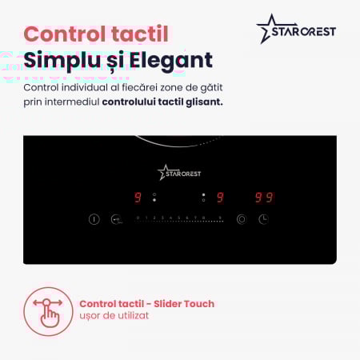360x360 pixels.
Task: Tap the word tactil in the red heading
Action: pyautogui.click(x=139, y=34)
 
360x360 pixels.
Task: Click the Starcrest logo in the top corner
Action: pyautogui.click(x=296, y=30)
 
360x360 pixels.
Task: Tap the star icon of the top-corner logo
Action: pyautogui.click(x=268, y=29)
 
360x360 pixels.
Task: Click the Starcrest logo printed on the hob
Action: pyautogui.click(x=179, y=171)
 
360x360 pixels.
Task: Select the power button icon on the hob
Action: pyautogui.click(x=94, y=219)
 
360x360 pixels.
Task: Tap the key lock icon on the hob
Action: pyautogui.click(x=115, y=219)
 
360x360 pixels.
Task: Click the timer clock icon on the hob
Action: pyautogui.click(x=263, y=219)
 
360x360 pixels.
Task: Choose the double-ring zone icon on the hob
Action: pyautogui.click(x=241, y=219)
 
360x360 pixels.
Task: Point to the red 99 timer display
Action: pyautogui.click(x=264, y=198)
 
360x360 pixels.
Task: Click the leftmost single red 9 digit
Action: pyautogui.click(x=138, y=198)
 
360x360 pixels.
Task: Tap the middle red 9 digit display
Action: pyautogui.click(x=220, y=198)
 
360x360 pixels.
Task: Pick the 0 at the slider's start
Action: pyautogui.click(x=138, y=218)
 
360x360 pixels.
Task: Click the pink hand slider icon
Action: pyautogui.click(x=48, y=310)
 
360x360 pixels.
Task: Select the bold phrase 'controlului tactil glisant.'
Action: pyautogui.click(x=162, y=102)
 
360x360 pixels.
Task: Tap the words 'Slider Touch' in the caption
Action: pyautogui.click(x=183, y=304)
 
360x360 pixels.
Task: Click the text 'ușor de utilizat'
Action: pyautogui.click(x=114, y=316)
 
